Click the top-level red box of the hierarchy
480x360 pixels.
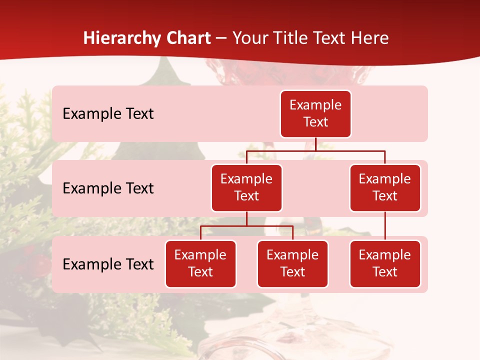tap(315, 113)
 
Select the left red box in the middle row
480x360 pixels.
tap(246, 187)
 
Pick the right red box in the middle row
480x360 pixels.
tap(385, 187)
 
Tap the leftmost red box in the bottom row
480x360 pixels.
tap(200, 263)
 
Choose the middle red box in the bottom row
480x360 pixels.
tap(292, 263)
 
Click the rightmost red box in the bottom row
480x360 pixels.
tap(385, 263)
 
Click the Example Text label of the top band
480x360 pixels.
tap(108, 114)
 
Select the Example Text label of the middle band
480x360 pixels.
tap(108, 188)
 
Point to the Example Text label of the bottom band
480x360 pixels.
tap(108, 264)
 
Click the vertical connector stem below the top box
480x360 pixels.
tap(315, 144)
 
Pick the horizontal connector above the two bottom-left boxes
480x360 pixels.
tap(246, 226)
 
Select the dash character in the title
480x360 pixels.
tap(221, 38)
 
